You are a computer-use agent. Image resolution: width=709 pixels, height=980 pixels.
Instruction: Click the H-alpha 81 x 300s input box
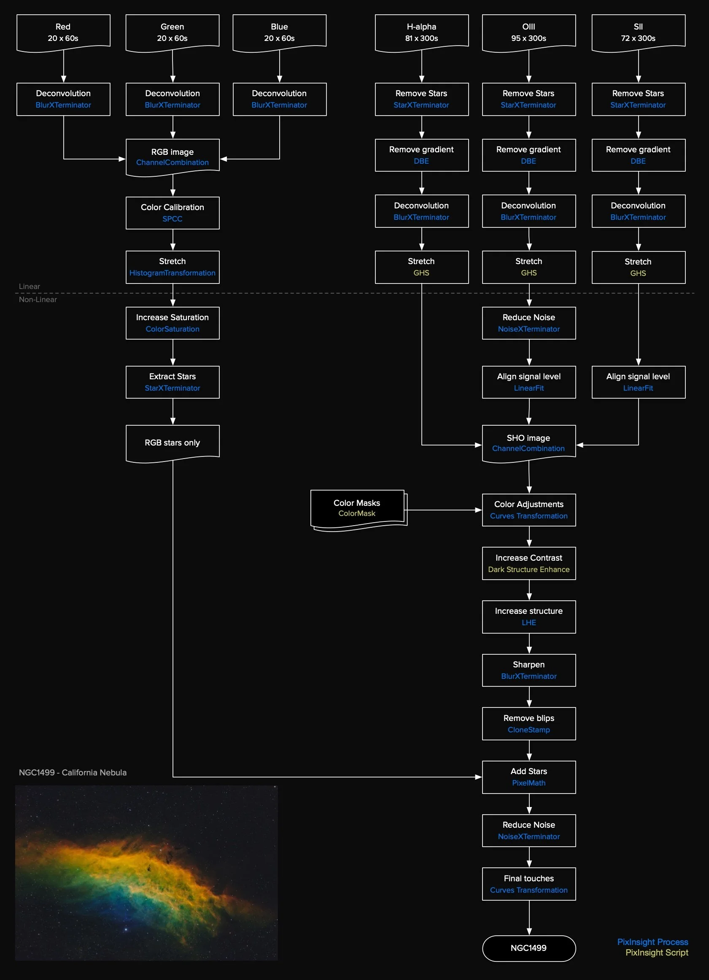coord(421,32)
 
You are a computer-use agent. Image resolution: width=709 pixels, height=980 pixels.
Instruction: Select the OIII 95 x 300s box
coord(528,32)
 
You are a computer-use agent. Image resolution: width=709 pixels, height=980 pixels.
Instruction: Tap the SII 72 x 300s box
coord(638,32)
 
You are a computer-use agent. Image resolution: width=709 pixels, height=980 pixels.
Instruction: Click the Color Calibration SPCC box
coord(173,213)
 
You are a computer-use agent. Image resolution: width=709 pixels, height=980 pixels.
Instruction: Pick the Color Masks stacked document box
coord(357,508)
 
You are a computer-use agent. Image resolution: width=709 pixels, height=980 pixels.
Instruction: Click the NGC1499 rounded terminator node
coord(528,948)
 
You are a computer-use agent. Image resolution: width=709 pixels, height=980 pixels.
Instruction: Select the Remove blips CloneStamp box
coord(528,724)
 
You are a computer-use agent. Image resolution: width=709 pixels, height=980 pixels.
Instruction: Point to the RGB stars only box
coord(173,443)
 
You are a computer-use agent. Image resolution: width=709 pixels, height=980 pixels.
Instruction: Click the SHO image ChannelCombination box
coord(528,443)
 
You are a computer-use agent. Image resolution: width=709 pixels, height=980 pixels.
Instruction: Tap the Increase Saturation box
coord(173,323)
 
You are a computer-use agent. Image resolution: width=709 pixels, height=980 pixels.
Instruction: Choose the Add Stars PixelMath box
coord(528,777)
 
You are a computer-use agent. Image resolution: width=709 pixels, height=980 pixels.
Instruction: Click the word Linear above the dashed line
coord(30,286)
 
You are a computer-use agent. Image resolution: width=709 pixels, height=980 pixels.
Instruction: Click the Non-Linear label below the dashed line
coord(38,300)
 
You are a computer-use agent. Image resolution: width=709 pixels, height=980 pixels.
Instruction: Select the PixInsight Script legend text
coord(656,953)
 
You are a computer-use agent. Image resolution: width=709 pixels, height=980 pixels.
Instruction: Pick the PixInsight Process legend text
coord(652,942)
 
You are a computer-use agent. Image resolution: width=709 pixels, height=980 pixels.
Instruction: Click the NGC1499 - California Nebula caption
coord(73,772)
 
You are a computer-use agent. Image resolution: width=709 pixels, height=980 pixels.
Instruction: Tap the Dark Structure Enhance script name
coord(528,570)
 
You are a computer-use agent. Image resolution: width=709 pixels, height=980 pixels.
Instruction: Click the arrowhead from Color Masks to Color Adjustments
coord(478,510)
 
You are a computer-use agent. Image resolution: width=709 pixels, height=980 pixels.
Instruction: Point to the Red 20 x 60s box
coord(63,32)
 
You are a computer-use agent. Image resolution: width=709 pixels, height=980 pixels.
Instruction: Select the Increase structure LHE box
coord(528,617)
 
